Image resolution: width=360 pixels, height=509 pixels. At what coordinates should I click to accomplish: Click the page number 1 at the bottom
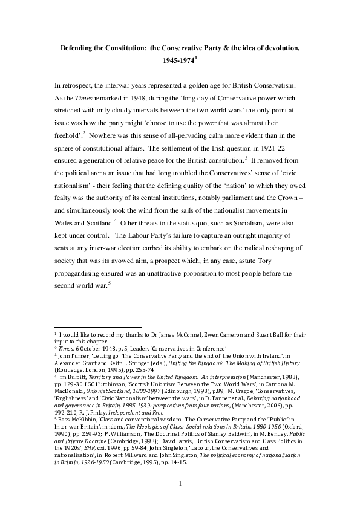(180, 484)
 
